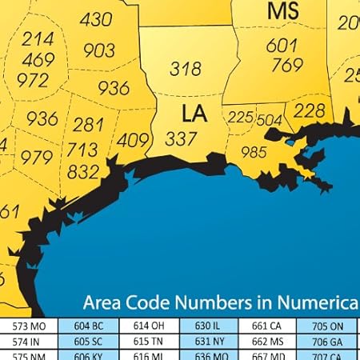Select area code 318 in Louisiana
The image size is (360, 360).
185,70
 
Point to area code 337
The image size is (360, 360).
182,138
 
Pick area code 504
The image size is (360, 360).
270,120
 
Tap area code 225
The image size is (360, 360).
241,118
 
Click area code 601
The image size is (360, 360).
282,46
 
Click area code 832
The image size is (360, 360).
83,171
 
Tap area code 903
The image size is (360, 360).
98,50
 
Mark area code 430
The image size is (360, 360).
96,19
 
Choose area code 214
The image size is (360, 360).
38,38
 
